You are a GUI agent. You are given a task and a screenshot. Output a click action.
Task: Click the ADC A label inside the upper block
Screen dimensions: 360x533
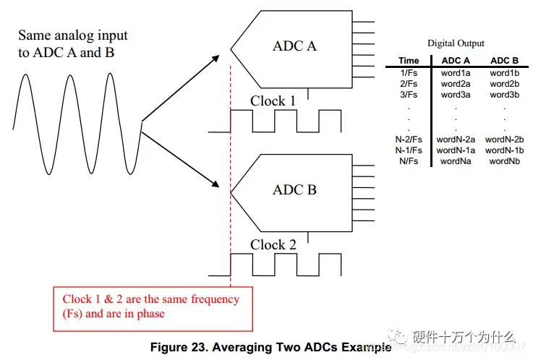294,46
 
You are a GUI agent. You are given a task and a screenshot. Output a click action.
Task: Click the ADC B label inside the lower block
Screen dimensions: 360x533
294,190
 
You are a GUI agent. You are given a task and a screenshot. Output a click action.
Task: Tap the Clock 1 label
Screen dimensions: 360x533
273,100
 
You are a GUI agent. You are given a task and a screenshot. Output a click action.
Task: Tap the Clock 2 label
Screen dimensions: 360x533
273,244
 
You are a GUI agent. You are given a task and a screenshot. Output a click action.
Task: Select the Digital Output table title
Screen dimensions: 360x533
456,43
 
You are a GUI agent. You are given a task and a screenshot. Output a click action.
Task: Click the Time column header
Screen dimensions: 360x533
409,61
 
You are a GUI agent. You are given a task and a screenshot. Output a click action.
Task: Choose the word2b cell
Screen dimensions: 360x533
504,83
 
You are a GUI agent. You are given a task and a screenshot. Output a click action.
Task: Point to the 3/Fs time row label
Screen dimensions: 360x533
409,94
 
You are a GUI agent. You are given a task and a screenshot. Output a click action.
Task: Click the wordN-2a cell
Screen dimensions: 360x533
456,139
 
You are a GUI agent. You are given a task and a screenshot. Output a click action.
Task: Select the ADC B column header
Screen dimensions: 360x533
504,61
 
